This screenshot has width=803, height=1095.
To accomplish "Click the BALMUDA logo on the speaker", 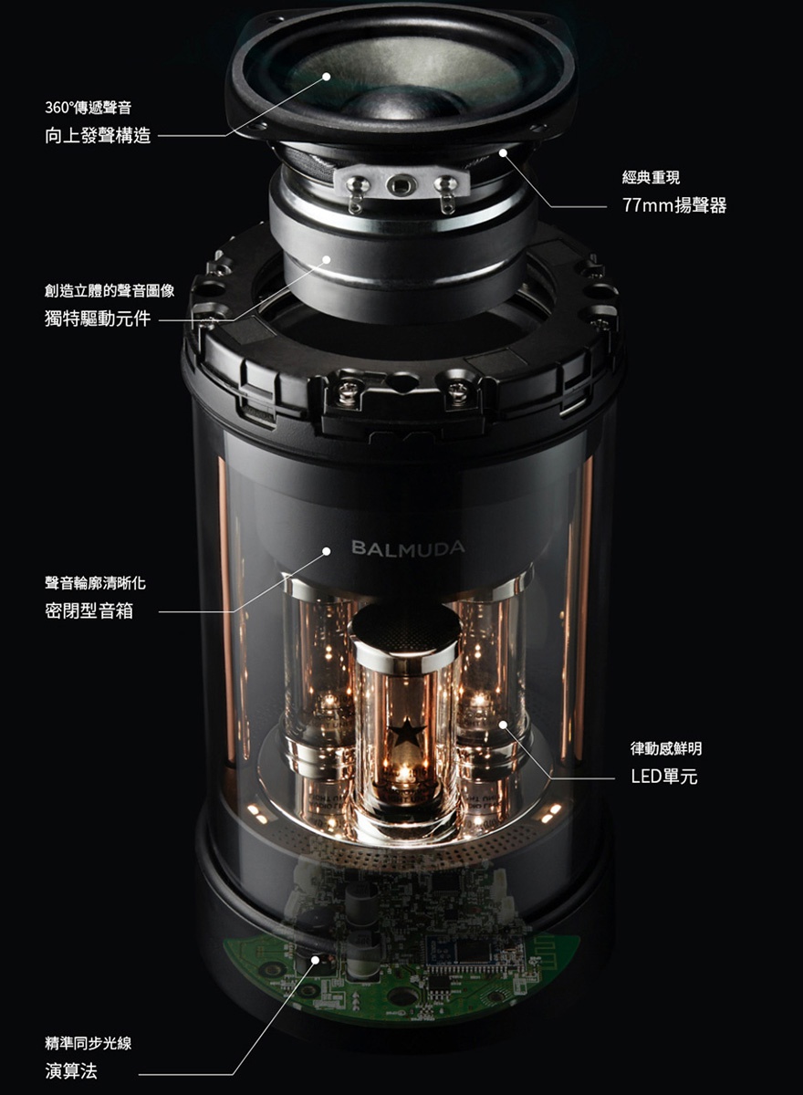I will [408, 547].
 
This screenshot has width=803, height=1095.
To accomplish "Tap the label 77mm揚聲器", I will [674, 205].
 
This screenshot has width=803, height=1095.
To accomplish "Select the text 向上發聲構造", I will [99, 137].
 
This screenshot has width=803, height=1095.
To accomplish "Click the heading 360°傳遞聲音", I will [88, 109].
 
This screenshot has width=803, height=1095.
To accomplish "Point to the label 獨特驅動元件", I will [99, 319].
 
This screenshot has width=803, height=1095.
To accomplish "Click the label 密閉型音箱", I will [89, 610].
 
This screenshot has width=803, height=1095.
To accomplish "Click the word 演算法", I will [71, 1071].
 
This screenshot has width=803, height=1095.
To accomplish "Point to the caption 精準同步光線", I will [89, 1042].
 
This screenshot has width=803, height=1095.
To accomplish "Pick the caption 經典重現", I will [651, 177].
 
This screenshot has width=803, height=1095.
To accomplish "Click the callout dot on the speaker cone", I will [327, 78].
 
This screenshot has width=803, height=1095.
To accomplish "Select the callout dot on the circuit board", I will [316, 960].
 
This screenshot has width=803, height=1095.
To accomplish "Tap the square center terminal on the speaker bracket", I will [399, 185].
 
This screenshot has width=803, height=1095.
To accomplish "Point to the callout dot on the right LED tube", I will [502, 725].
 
